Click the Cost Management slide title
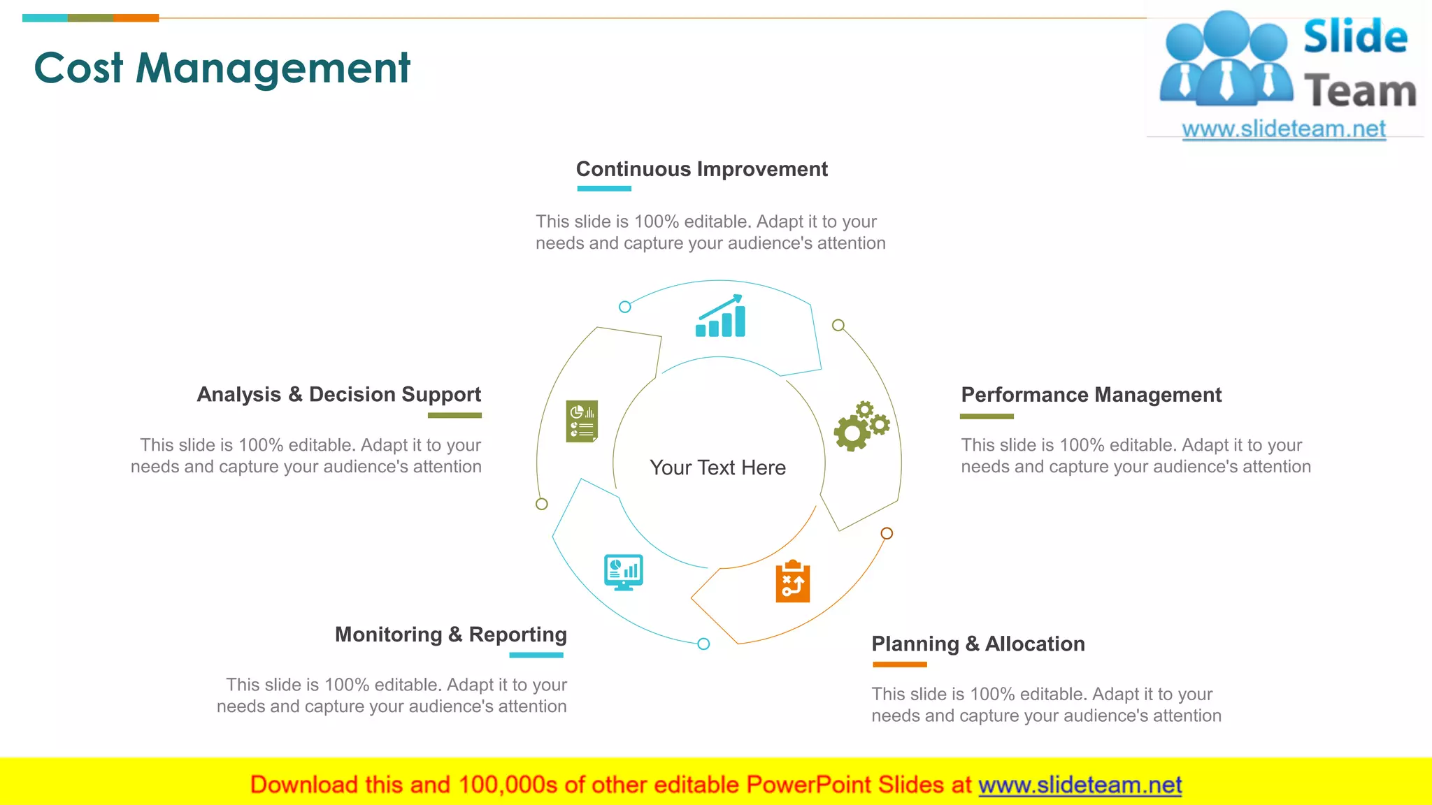[x=222, y=68]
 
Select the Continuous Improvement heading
[x=701, y=169]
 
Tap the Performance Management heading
[x=1091, y=395]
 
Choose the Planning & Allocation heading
[x=978, y=644]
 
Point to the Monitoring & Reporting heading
[x=450, y=634]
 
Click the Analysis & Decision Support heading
[x=339, y=395]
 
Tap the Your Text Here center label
[x=717, y=467]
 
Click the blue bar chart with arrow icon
[x=720, y=317]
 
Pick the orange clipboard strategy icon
[x=793, y=581]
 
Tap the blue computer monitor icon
[x=623, y=572]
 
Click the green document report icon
[x=582, y=421]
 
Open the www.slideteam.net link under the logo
[x=1284, y=129]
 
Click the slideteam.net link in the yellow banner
[x=1080, y=785]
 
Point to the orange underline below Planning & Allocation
[x=899, y=665]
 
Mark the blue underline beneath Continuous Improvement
[x=604, y=189]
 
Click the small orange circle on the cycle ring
[x=887, y=533]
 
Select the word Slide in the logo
[x=1355, y=37]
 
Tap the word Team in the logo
[x=1360, y=92]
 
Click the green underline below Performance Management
[x=987, y=416]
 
